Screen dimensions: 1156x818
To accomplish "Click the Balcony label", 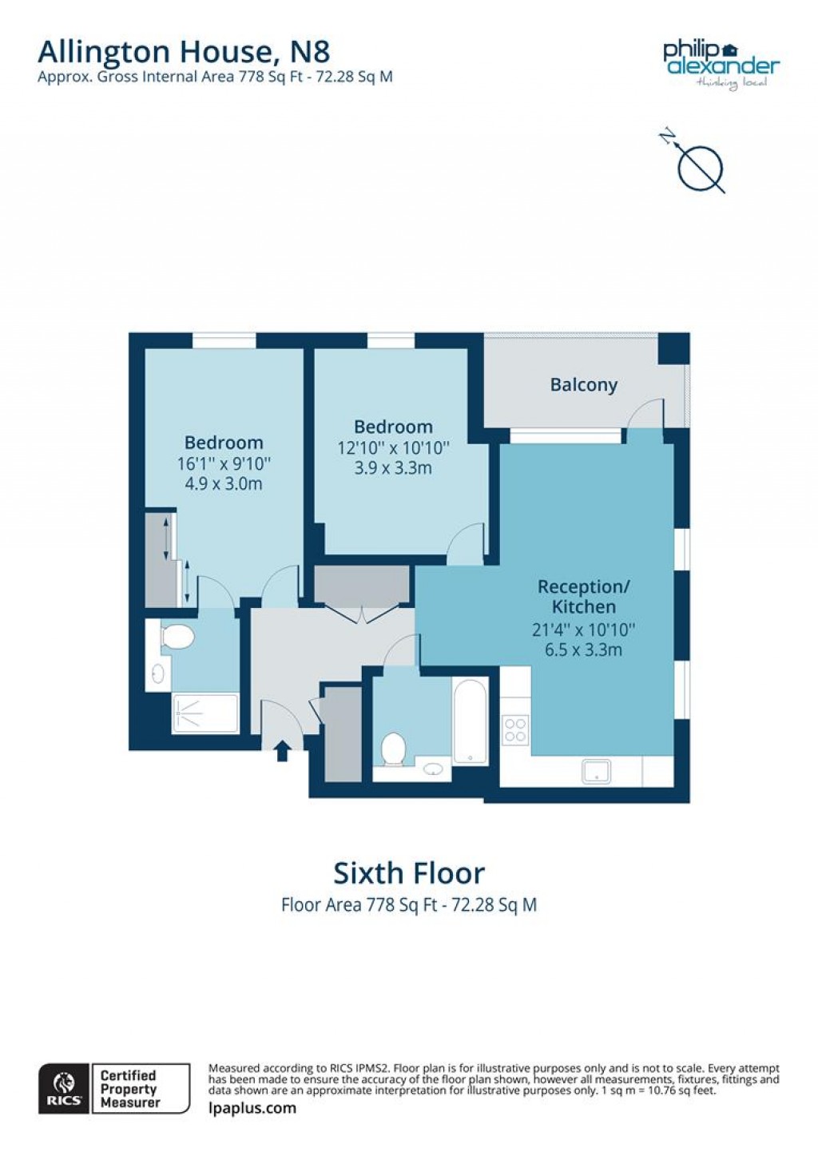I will coord(583,385).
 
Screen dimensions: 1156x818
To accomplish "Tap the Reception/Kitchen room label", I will coord(583,597).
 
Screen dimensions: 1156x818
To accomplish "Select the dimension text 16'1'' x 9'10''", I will coord(224,463).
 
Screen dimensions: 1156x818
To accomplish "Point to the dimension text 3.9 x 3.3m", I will coord(393,468).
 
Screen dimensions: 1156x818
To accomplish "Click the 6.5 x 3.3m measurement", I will coord(583,650).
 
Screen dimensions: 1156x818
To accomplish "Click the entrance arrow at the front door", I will coord(281,751).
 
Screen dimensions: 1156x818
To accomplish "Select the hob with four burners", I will coord(515,729).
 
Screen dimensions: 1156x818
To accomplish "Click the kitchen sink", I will coord(597,771).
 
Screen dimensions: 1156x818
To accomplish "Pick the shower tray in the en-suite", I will coord(205,713).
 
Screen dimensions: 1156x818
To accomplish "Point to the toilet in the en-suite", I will coord(177,638).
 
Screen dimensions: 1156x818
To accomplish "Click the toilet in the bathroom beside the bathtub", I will coord(393,749).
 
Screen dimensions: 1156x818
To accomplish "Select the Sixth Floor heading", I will coord(408,873).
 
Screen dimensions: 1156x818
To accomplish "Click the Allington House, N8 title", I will coord(184,52).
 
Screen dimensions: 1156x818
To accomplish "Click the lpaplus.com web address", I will coord(252,1108).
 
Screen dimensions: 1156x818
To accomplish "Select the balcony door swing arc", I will coord(645,413).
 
